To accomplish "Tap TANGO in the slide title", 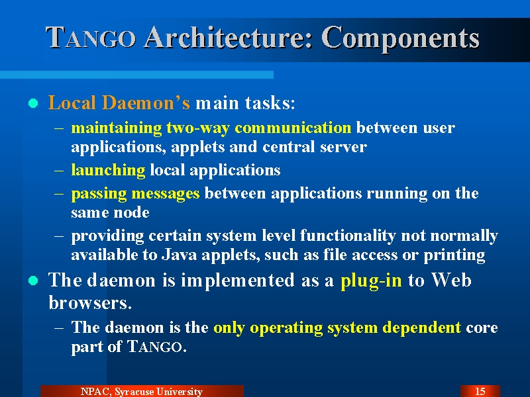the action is click(91, 38).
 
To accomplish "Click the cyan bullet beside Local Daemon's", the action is click(33, 103).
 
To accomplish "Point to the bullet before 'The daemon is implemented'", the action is click(33, 281).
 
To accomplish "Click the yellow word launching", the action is click(108, 170).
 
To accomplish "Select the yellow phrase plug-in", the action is click(371, 281).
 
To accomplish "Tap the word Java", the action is click(179, 255).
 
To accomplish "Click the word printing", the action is click(454, 255).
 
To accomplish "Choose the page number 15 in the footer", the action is click(480, 391).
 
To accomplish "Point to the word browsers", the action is click(90, 302).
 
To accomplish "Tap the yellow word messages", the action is click(165, 194).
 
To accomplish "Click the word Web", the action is click(451, 280).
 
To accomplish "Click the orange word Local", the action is click(72, 103).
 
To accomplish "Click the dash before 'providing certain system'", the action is click(59, 236).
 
